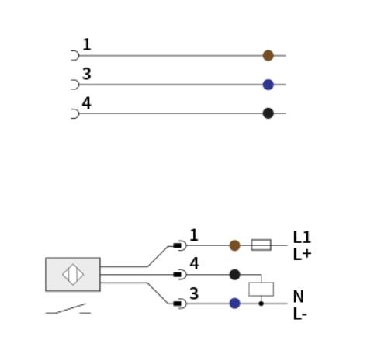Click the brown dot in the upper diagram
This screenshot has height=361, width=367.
tap(268, 55)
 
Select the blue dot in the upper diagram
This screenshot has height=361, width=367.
tap(268, 85)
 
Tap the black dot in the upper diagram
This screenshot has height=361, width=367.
tap(268, 113)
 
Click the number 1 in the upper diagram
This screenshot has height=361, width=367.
tap(87, 44)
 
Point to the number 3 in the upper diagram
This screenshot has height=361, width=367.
tap(87, 74)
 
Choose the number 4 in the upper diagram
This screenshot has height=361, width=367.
tap(86, 102)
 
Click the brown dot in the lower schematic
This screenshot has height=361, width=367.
tap(234, 245)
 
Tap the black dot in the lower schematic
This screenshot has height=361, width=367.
tap(234, 275)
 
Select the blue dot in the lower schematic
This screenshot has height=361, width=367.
tap(234, 304)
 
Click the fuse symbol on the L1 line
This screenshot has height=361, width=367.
tap(261, 245)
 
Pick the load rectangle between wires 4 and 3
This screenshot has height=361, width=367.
tap(261, 289)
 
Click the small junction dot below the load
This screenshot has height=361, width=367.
tap(261, 304)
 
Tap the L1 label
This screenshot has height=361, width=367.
tap(302, 237)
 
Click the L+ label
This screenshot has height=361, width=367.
tap(302, 255)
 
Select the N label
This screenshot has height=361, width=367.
tap(299, 297)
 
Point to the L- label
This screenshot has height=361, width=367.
tap(300, 314)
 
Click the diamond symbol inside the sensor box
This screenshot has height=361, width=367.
tap(73, 274)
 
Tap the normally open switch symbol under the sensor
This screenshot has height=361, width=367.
tap(68, 309)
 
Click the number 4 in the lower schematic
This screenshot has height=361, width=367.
tap(194, 263)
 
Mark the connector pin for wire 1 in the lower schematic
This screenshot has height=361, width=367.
tap(179, 245)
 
